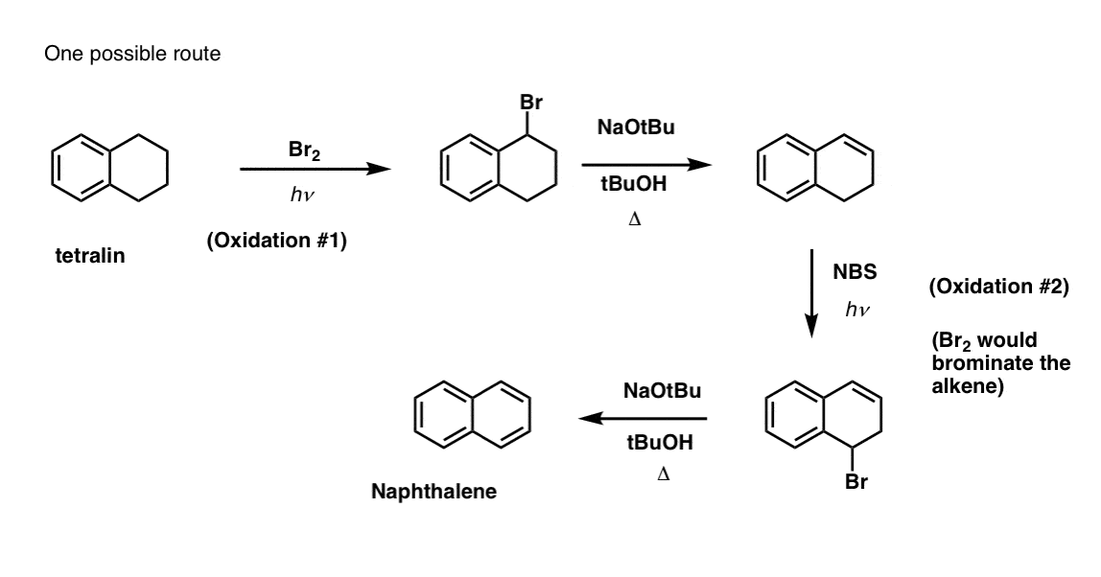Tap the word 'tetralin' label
click(x=90, y=255)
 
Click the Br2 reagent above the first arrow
click(x=302, y=150)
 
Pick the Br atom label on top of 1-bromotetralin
click(x=530, y=104)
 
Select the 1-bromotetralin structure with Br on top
click(x=501, y=168)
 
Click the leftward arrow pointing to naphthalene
click(x=642, y=418)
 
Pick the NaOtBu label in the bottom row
click(x=662, y=391)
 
